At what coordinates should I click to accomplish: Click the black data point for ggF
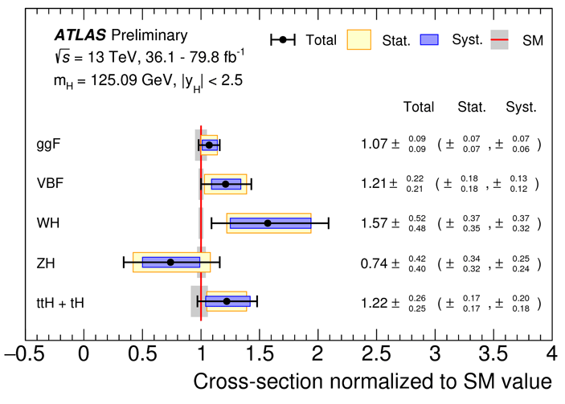coord(209,145)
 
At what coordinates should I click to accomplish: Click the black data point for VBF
coord(226,184)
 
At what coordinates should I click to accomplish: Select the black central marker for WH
coord(268,222)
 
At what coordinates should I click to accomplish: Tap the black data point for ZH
coord(170,262)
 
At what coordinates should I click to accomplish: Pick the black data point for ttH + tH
coord(227,301)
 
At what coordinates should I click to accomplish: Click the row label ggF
coord(48,145)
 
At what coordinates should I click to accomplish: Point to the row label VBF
coord(50,183)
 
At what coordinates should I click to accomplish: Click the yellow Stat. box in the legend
coord(358,39)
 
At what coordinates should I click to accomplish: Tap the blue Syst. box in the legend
coord(444,39)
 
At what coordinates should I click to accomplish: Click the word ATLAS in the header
coord(81,35)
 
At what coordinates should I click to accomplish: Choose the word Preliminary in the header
coord(149,35)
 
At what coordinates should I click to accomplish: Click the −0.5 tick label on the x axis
coord(25,354)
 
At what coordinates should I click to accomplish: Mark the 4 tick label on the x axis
coord(551,354)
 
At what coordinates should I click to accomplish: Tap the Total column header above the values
coord(418,107)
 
